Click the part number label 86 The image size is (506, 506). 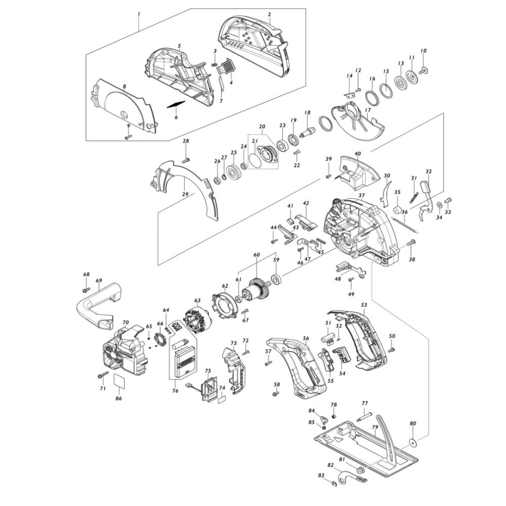coord(119,399)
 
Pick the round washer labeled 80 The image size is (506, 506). coord(412,442)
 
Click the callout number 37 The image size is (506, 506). coord(361,195)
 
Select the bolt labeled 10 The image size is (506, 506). coord(423,69)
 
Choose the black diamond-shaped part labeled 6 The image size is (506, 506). coord(176,105)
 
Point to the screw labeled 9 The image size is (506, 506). coord(128,137)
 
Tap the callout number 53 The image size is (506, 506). coord(364,305)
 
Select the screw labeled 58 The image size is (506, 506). coord(275,394)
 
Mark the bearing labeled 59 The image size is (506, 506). coord(277,279)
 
